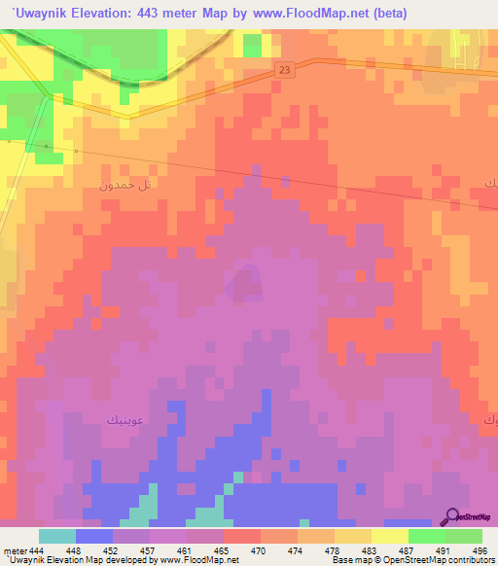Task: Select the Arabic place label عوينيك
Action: point(127,419)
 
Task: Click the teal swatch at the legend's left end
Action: point(57,536)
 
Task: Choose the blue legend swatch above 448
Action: point(94,536)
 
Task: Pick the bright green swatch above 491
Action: point(427,536)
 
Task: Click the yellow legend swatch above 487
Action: point(390,536)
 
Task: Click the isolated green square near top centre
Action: point(252,45)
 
